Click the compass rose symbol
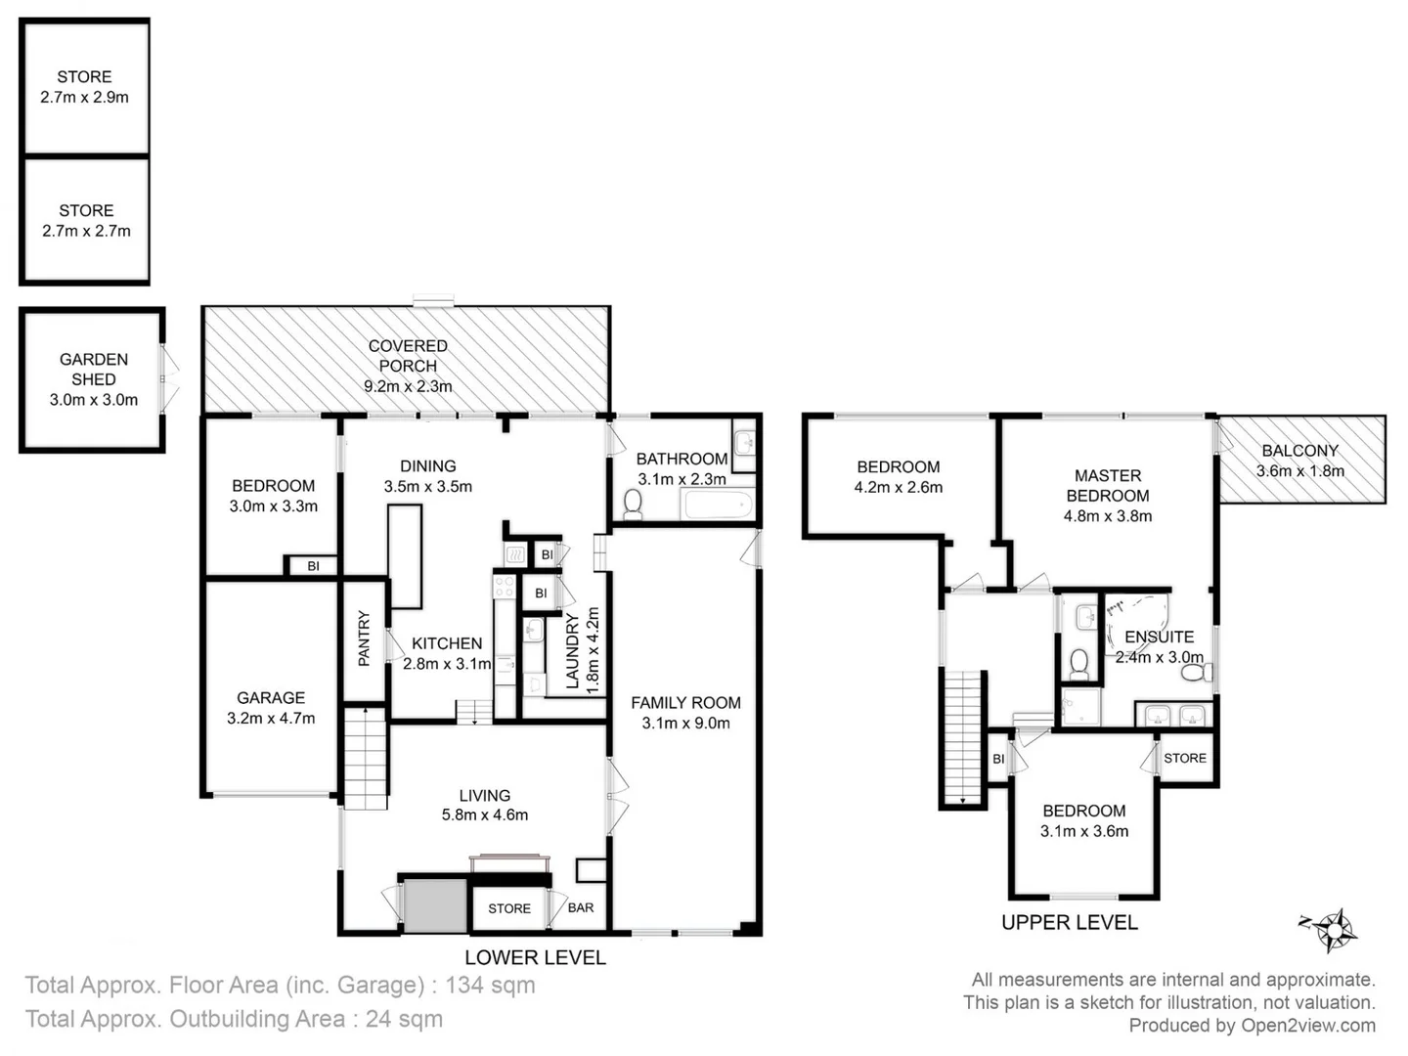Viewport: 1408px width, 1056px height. tap(1333, 929)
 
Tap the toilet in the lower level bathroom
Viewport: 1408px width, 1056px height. tap(633, 504)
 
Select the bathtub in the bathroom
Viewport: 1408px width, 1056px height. tap(718, 505)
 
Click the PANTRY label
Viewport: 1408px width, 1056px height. tap(365, 638)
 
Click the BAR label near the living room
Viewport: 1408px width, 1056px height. tap(581, 907)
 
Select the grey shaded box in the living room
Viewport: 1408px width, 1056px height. tap(435, 905)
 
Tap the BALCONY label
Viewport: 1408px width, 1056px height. tap(1299, 451)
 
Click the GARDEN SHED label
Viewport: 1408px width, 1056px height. tap(94, 370)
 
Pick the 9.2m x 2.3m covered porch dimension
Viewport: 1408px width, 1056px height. tap(408, 386)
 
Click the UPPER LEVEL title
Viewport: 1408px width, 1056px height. tap(1070, 922)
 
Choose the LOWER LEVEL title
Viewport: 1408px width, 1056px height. tap(535, 957)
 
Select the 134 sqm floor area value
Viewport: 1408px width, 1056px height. tap(490, 985)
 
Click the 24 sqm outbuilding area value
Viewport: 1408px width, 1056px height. tap(404, 1019)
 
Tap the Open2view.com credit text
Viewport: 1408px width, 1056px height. tap(1308, 1025)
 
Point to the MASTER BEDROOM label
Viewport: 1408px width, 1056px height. tap(1108, 485)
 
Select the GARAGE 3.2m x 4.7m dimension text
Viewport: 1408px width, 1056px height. tap(271, 718)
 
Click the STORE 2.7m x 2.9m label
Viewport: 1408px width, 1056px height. tap(84, 86)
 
